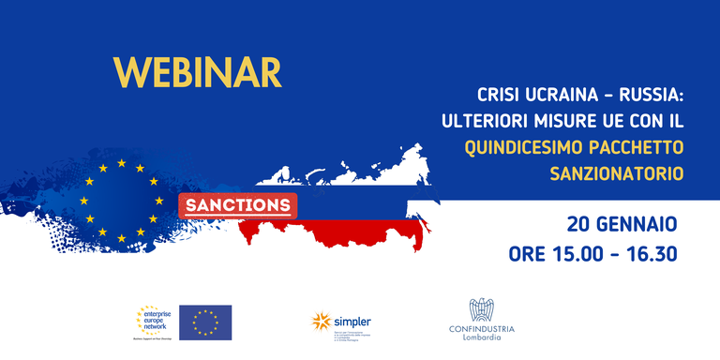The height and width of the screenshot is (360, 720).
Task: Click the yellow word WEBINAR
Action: tap(197, 72)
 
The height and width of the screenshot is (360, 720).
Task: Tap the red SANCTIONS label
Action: tap(237, 205)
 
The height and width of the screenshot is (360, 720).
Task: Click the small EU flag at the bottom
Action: tap(204, 322)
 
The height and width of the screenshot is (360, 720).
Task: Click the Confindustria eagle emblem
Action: tap(480, 310)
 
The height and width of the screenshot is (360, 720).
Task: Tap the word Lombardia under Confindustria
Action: tap(480, 338)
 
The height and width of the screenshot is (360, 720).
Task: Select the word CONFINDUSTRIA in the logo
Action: tap(480, 328)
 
